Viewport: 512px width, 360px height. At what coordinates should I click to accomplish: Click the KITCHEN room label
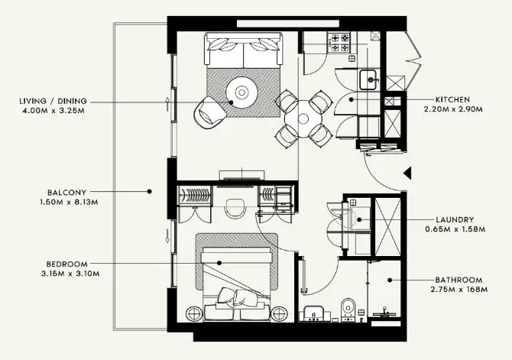click(x=452, y=99)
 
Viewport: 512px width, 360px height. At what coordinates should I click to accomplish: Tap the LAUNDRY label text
click(x=455, y=219)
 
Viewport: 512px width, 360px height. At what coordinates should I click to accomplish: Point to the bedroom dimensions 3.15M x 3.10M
click(x=70, y=274)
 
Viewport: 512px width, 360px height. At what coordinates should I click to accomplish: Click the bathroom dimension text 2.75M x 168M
click(x=459, y=290)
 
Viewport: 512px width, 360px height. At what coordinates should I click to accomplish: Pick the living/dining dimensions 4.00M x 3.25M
click(x=53, y=110)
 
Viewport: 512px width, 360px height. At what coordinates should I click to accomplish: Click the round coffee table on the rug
click(x=241, y=92)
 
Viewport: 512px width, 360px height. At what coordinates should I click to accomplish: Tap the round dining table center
click(x=303, y=118)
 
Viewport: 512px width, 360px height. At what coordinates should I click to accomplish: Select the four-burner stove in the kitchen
click(x=339, y=43)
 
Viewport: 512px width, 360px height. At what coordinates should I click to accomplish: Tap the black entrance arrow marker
click(x=407, y=173)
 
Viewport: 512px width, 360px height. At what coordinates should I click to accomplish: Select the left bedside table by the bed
click(x=194, y=314)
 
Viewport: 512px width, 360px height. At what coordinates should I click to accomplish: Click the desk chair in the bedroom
click(x=235, y=209)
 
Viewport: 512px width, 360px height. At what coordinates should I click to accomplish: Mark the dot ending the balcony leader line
click(x=149, y=191)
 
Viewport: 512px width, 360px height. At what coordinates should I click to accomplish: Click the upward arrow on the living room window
click(x=167, y=103)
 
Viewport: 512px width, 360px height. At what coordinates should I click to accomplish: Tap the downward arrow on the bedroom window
click(x=167, y=236)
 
